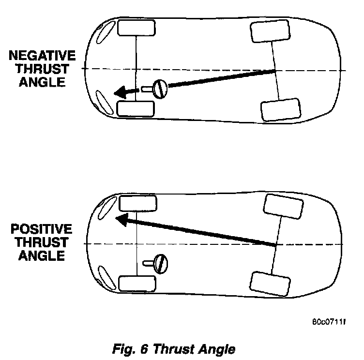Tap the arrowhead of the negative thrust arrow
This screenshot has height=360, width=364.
coord(120,92)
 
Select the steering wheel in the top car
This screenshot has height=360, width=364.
coord(159,89)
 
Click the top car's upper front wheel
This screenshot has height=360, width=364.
coord(136,29)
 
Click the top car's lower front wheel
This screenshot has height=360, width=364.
coord(136,108)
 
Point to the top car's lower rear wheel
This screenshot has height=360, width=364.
coord(279,110)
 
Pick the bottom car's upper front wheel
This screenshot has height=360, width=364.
coord(137,203)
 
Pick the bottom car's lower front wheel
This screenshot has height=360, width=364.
coord(137,283)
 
